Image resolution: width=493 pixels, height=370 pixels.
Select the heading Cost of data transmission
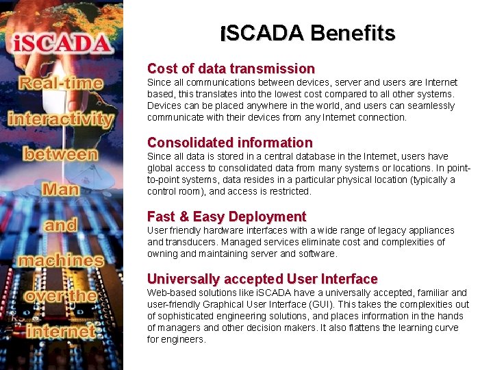tap(231, 69)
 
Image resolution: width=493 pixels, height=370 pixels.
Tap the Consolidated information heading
tap(229, 143)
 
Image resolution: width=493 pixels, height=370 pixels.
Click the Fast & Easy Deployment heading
tap(226, 217)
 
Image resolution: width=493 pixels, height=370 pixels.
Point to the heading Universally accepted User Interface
tap(262, 279)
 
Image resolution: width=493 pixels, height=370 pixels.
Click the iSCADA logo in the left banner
tap(62, 43)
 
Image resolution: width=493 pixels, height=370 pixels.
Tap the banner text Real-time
tap(61, 84)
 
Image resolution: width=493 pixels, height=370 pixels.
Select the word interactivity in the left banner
tap(61, 119)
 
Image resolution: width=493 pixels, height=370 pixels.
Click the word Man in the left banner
tap(60, 188)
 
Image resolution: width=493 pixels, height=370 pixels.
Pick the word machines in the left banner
tap(61, 260)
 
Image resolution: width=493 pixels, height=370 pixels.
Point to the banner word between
tap(61, 153)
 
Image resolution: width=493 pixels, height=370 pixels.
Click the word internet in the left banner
tap(61, 331)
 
